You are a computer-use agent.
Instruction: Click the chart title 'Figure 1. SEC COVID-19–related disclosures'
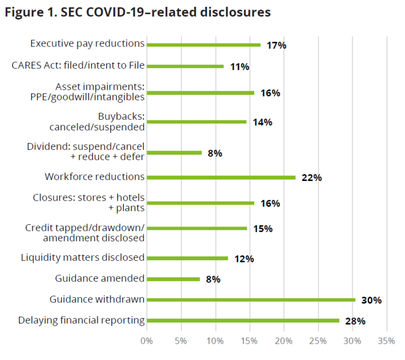click(138, 12)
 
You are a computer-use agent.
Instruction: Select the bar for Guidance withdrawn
click(251, 299)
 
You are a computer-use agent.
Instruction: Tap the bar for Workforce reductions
click(221, 177)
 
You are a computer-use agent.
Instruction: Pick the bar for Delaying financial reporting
click(243, 320)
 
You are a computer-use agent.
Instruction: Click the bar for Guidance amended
click(173, 279)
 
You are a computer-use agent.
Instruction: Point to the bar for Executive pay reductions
click(204, 45)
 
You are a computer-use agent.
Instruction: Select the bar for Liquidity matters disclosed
click(187, 258)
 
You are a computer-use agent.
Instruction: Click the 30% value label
click(371, 300)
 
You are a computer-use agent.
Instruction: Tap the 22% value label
click(311, 177)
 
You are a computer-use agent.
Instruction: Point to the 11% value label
click(239, 67)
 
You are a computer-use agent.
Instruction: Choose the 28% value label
click(355, 320)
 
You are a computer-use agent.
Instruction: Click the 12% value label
click(244, 259)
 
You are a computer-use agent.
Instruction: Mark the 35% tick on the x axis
click(387, 341)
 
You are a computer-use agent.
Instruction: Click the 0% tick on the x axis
click(147, 341)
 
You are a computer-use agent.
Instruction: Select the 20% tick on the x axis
click(284, 341)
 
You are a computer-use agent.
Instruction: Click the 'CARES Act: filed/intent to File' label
click(78, 65)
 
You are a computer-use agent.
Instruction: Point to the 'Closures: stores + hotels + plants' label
click(89, 203)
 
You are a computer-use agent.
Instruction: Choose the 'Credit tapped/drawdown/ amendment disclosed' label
click(85, 233)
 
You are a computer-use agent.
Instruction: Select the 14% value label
click(262, 122)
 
